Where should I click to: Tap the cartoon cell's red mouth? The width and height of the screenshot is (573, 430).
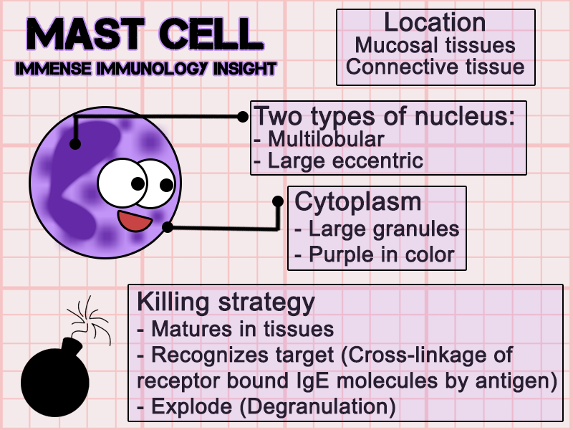(x=135, y=221)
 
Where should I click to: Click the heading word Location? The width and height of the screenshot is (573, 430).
(x=435, y=22)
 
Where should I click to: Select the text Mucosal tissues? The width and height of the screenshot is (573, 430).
(x=435, y=45)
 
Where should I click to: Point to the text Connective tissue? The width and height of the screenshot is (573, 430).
(x=435, y=67)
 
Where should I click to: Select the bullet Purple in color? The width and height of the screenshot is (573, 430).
(x=382, y=254)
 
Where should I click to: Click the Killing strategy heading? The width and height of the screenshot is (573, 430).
(x=226, y=302)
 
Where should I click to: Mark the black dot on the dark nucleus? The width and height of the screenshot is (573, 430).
(x=74, y=145)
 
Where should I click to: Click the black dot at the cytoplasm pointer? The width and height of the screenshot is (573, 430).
(x=168, y=228)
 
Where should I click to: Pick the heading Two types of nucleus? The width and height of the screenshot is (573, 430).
(x=385, y=115)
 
